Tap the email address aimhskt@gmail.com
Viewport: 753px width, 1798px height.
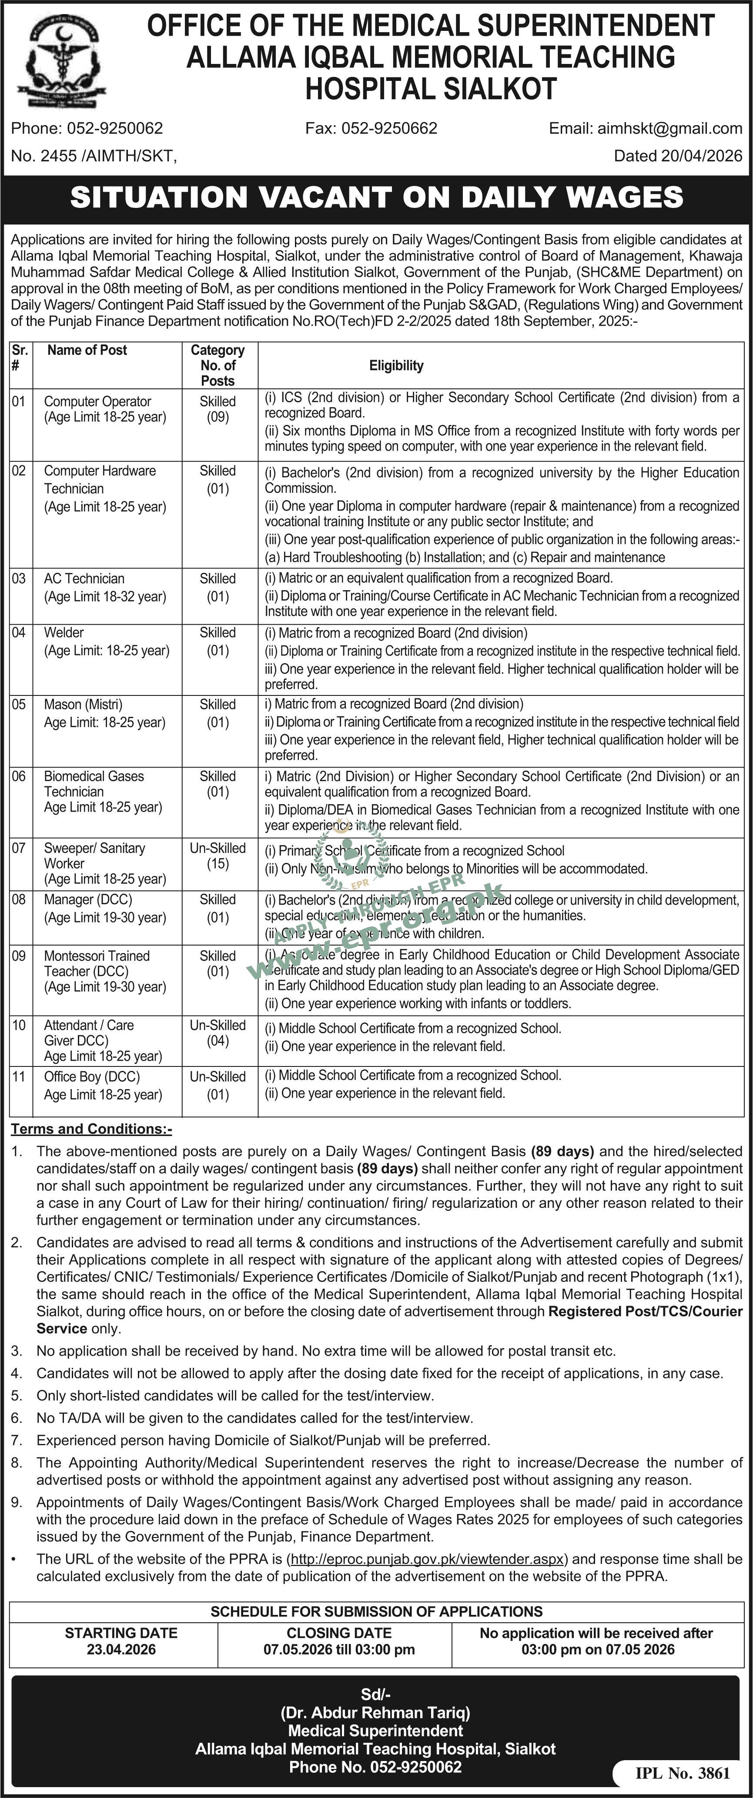[x=669, y=128]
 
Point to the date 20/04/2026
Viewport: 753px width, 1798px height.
[x=702, y=156]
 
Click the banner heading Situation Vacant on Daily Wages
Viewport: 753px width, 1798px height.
[x=377, y=197]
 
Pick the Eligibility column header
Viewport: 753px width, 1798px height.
[x=396, y=365]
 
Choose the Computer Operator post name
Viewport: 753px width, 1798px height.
[x=98, y=401]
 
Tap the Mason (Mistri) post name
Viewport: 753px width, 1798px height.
[x=83, y=704]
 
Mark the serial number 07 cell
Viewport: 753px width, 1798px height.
[x=19, y=848]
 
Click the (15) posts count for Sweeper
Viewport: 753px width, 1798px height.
[x=218, y=863]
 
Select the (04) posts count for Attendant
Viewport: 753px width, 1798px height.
[x=218, y=1041]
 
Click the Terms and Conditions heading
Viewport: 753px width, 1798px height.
[x=91, y=1129]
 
